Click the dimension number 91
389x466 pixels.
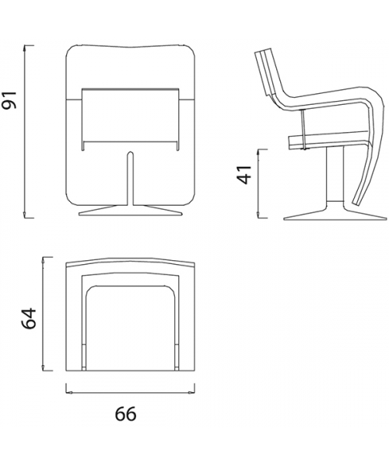[x=10, y=99]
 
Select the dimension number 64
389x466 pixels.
[x=29, y=318]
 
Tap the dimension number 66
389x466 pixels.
[x=125, y=414]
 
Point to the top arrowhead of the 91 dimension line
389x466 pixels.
[x=25, y=48]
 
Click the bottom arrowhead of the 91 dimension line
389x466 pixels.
[x=25, y=215]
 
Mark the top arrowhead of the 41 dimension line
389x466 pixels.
[x=258, y=152]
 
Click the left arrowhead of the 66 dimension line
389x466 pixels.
[x=69, y=392]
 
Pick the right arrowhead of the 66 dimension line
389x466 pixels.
[x=191, y=392]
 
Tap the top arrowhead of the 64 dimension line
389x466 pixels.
[x=44, y=260]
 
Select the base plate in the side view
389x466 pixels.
[x=335, y=213]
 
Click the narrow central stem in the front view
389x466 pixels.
[x=130, y=179]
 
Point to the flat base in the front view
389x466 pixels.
[x=130, y=210]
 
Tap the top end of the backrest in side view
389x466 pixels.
[x=264, y=50]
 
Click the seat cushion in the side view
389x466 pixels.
[x=328, y=141]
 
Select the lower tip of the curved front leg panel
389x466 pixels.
[x=355, y=203]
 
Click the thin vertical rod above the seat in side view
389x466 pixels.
[x=303, y=129]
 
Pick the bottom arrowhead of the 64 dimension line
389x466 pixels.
[x=44, y=367]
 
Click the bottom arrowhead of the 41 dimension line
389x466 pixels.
[x=258, y=215]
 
